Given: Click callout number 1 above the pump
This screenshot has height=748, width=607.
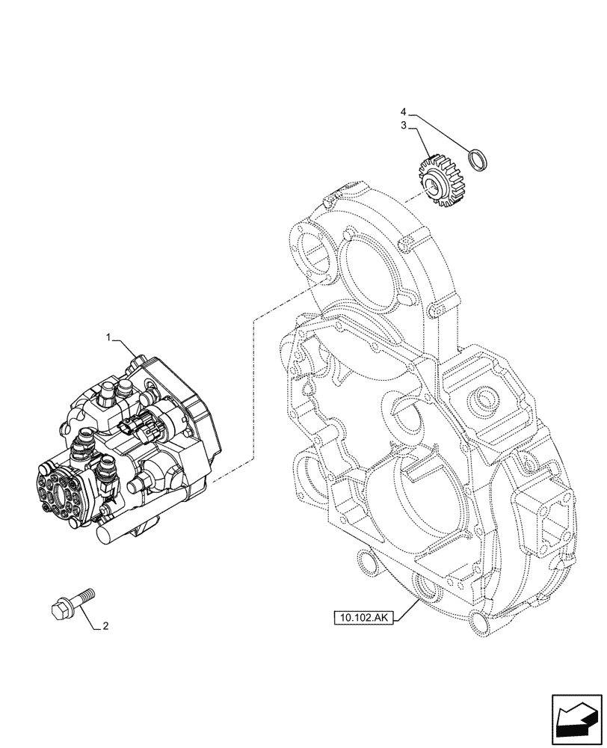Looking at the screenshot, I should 109,339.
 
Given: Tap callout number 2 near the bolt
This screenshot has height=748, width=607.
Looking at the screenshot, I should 105,626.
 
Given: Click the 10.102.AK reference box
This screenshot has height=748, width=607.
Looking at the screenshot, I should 363,617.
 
